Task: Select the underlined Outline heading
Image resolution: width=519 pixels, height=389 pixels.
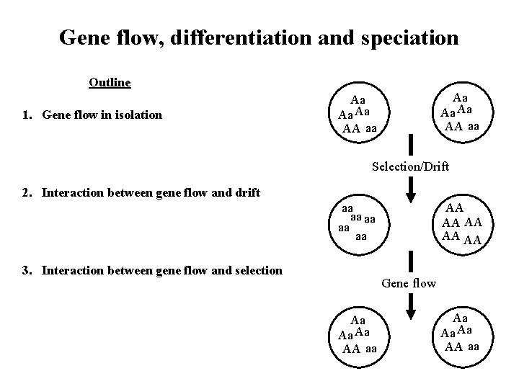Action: (x=110, y=82)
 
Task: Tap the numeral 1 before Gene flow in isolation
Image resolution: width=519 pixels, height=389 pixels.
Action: (x=25, y=114)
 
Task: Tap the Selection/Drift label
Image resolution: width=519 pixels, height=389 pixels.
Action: (x=410, y=167)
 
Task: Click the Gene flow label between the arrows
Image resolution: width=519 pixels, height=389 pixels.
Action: (x=409, y=283)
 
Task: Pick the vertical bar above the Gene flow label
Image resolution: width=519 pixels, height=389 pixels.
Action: (x=410, y=261)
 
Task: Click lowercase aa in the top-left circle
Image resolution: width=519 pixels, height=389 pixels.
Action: (x=371, y=129)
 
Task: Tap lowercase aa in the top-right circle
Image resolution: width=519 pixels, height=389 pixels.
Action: (x=474, y=126)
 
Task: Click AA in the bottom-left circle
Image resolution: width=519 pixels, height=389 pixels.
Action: (x=351, y=349)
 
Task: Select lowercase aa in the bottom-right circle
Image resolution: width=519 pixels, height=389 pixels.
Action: (x=474, y=346)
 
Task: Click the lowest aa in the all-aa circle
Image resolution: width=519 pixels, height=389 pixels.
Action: (x=361, y=236)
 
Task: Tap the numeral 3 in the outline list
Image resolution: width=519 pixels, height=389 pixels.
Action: (x=25, y=270)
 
